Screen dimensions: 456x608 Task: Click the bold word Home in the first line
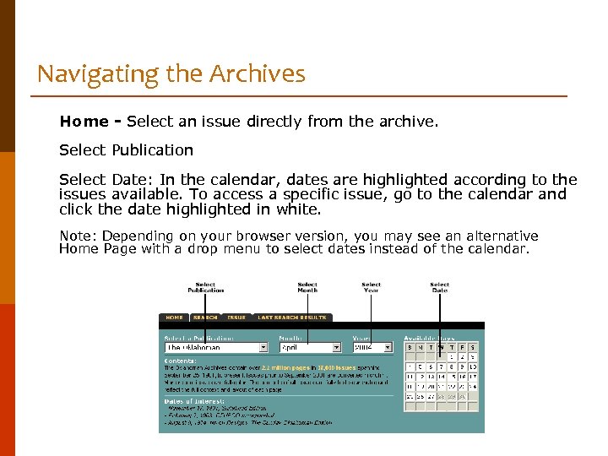pyautogui.click(x=84, y=122)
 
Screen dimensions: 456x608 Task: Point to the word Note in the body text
pyautogui.click(x=76, y=236)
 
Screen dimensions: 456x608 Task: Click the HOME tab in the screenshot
pyautogui.click(x=174, y=318)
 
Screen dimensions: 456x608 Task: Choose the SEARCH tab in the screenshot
pyautogui.click(x=205, y=318)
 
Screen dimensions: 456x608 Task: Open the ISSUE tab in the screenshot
pyautogui.click(x=236, y=318)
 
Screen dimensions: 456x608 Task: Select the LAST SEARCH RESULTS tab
pyautogui.click(x=291, y=318)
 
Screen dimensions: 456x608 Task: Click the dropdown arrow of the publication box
pyautogui.click(x=263, y=347)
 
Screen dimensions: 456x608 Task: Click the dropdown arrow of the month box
pyautogui.click(x=335, y=347)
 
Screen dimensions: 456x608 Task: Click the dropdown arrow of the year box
pyautogui.click(x=388, y=347)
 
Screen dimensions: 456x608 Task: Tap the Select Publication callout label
pyautogui.click(x=205, y=287)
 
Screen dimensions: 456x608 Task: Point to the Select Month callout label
pyautogui.click(x=307, y=287)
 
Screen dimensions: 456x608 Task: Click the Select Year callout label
pyautogui.click(x=371, y=287)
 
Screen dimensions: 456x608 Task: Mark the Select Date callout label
pyautogui.click(x=439, y=287)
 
